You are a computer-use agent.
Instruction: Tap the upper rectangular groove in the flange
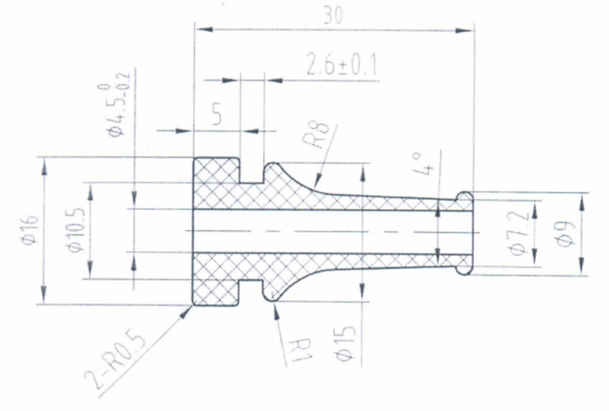251,170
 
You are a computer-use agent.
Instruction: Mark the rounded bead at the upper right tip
467,199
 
